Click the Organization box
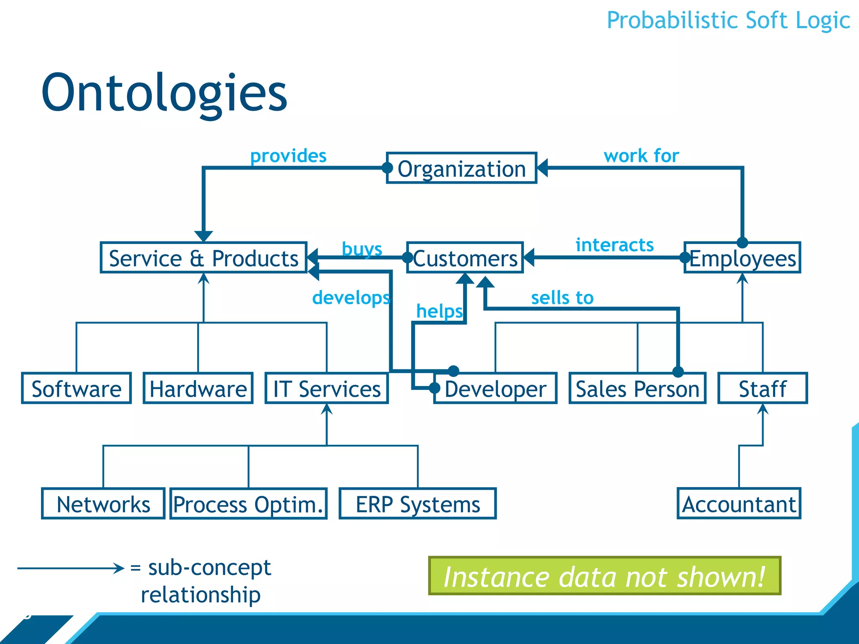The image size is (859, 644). tap(461, 169)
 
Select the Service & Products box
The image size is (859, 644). tap(204, 258)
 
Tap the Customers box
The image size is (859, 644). tap(465, 258)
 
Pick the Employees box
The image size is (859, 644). tap(742, 258)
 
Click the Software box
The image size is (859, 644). tap(76, 388)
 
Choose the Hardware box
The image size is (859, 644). tap(198, 388)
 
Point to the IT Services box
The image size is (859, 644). tap(327, 388)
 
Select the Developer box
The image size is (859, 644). tap(495, 388)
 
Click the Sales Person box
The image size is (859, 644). tap(638, 388)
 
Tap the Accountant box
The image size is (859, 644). tap(739, 504)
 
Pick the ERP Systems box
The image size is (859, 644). tap(418, 504)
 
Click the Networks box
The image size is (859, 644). tap(103, 504)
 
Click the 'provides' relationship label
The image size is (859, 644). tap(288, 156)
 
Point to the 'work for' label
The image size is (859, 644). tap(641, 156)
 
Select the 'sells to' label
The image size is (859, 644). tap(562, 298)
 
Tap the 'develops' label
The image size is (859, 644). tap(351, 298)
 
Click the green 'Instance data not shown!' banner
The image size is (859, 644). tap(604, 576)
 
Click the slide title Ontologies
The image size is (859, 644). tap(164, 93)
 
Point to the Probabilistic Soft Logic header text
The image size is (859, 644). tap(728, 20)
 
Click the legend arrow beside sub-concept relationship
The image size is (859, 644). tap(70, 569)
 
